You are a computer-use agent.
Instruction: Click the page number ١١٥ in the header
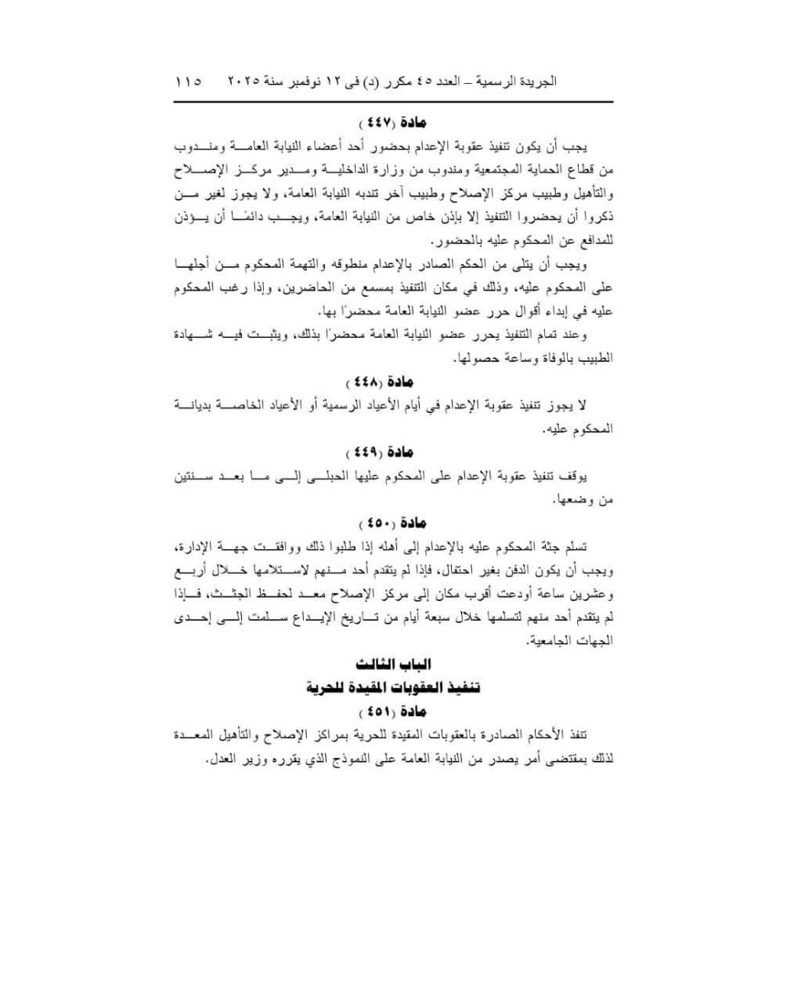(189, 81)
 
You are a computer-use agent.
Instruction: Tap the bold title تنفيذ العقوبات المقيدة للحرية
(393, 688)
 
